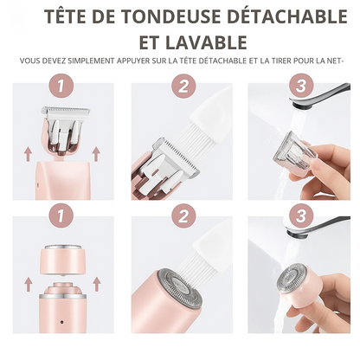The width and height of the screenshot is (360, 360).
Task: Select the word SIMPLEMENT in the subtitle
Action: [x=90, y=61]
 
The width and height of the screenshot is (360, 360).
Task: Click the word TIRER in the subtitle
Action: [x=282, y=61]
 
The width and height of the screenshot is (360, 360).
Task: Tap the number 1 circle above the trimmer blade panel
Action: [x=61, y=86]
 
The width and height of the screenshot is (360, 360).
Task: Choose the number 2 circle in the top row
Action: [x=183, y=86]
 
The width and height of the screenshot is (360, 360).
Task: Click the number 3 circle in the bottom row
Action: [x=301, y=216]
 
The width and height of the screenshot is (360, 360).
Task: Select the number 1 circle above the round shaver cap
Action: [x=61, y=216]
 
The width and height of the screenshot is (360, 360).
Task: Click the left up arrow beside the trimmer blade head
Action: [x=28, y=154]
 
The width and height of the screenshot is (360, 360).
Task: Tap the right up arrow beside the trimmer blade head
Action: [x=96, y=154]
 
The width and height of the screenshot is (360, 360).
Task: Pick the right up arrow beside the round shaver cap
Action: [x=97, y=284]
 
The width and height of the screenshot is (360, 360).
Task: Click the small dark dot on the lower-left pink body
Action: [x=61, y=322]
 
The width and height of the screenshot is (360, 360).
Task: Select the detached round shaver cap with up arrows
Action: [x=62, y=260]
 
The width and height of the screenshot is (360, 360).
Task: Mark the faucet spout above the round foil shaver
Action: [x=318, y=225]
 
